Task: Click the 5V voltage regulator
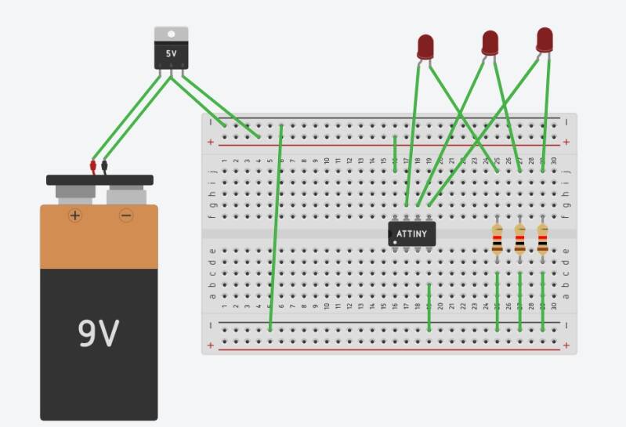[171, 52]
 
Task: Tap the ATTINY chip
[411, 233]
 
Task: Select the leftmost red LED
[425, 46]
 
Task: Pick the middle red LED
[490, 42]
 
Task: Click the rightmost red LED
[545, 39]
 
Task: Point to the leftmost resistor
[498, 239]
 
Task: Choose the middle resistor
[519, 239]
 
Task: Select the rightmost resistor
[542, 239]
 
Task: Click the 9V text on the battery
[99, 334]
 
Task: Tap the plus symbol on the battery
[75, 215]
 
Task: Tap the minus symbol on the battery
[126, 215]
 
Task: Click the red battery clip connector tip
[92, 166]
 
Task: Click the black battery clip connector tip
[104, 166]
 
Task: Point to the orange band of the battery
[99, 239]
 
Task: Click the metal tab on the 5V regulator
[171, 33]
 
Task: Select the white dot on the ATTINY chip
[396, 243]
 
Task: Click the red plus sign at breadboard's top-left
[210, 142]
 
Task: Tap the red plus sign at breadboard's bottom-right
[566, 345]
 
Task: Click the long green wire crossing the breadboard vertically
[276, 227]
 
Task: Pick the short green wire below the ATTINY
[429, 307]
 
